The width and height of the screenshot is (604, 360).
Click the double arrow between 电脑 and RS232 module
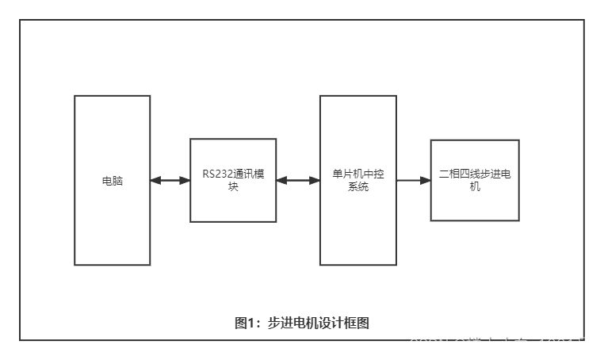click(x=170, y=181)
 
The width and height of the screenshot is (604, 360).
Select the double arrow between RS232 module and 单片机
click(x=298, y=181)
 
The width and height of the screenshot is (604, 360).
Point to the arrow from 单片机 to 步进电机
click(x=413, y=181)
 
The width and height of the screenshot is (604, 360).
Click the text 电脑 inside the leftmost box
click(x=113, y=181)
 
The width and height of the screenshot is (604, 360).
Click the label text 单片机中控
click(x=358, y=174)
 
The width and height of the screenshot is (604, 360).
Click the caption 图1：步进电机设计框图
click(x=302, y=323)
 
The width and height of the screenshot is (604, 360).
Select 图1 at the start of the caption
click(x=243, y=323)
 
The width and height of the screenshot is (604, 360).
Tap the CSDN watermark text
click(x=428, y=345)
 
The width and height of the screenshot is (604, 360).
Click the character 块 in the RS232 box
click(x=233, y=187)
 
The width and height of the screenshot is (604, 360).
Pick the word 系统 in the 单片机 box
click(x=358, y=187)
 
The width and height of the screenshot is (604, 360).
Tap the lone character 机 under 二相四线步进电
click(x=475, y=187)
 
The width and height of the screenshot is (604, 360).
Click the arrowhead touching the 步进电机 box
click(x=426, y=181)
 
